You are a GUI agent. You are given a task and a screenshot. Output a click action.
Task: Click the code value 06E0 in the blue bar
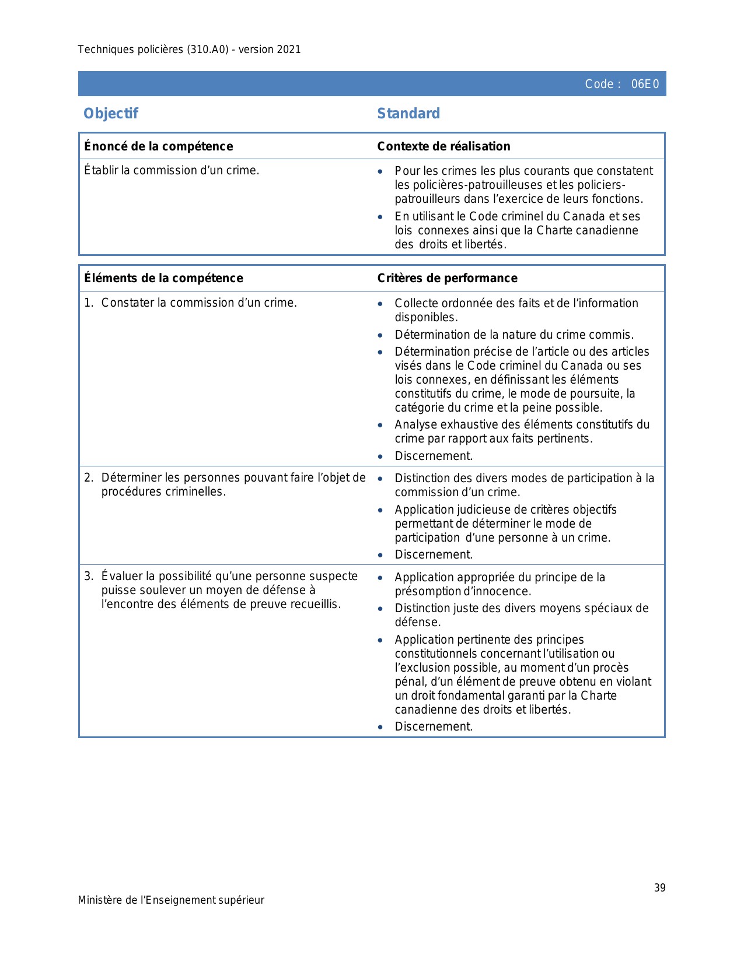(x=645, y=84)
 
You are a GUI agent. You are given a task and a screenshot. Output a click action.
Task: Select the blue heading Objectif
(x=111, y=113)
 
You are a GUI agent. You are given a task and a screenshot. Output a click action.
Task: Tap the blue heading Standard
(x=408, y=113)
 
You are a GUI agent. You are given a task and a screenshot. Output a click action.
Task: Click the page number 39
(x=659, y=887)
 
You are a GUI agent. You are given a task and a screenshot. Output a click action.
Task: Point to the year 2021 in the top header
(x=289, y=50)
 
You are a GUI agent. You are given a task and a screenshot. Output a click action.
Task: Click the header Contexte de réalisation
(x=443, y=146)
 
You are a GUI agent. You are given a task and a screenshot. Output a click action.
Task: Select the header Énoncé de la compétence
(x=159, y=146)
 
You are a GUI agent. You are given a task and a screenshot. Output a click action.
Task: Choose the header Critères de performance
(x=447, y=278)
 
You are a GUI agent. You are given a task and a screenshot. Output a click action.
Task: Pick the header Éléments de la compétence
(x=163, y=278)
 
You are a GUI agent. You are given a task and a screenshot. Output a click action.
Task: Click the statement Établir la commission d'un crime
(x=172, y=170)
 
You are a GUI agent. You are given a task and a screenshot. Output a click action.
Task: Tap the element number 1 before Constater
(x=88, y=303)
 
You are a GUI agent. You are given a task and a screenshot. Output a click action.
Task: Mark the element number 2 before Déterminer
(x=88, y=478)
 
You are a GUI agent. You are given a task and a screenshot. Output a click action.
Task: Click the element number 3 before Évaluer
(x=88, y=577)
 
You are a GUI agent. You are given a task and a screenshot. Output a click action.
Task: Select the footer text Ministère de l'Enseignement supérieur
(x=171, y=900)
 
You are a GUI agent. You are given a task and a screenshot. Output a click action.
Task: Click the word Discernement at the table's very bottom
(x=434, y=726)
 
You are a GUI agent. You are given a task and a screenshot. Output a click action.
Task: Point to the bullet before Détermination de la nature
(x=380, y=335)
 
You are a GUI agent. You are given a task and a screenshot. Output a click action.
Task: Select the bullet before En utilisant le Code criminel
(x=380, y=217)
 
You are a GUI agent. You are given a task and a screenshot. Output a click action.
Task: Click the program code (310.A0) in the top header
(x=208, y=50)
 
